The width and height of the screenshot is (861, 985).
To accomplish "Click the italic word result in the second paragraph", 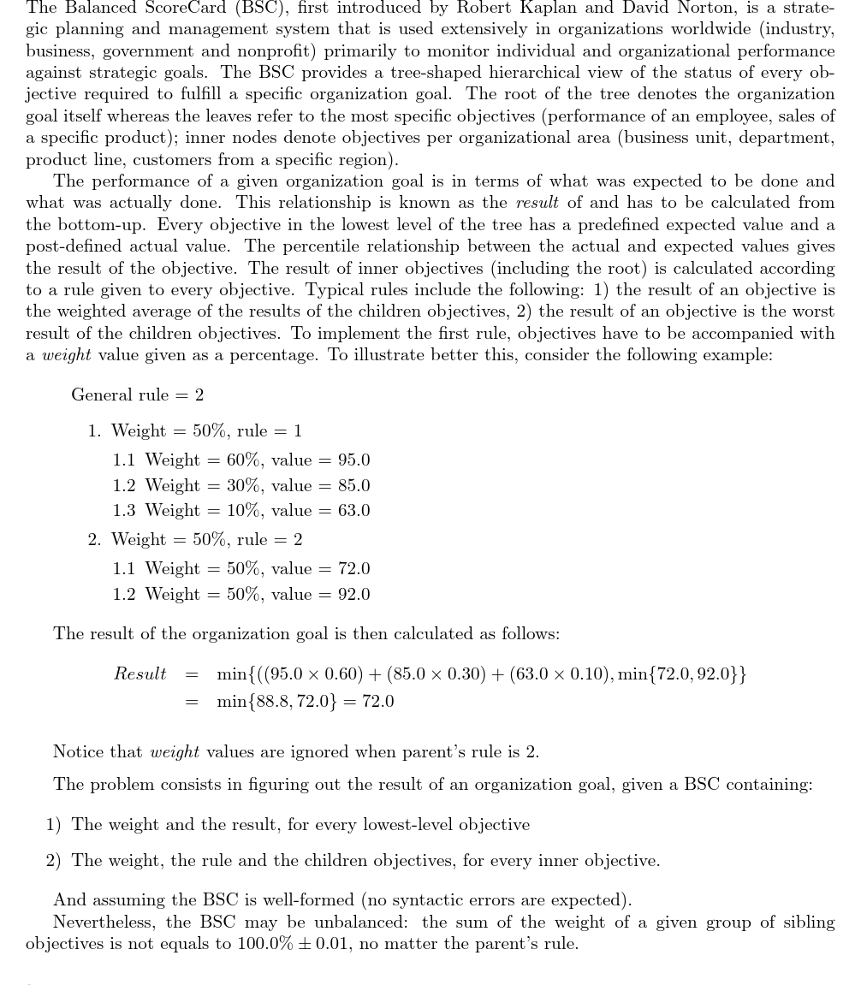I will coord(537,203).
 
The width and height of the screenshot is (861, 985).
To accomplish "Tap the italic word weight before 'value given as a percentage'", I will coord(67,355).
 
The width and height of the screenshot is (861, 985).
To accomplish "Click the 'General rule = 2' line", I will coord(137,395).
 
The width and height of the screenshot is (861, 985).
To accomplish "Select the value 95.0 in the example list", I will coord(353,460).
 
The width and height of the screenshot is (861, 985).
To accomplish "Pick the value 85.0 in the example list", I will coord(353,486).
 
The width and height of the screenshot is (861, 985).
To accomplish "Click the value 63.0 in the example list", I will coord(353,511).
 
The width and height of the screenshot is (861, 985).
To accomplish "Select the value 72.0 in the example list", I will coord(353,569).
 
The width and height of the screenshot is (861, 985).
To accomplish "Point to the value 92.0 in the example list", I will coord(353,595).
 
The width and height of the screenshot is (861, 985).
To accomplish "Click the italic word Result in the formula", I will coord(140,674).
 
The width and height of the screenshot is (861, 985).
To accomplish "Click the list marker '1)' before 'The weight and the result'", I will coord(53,825).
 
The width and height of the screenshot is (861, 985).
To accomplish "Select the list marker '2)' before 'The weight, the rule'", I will coord(53,861).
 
